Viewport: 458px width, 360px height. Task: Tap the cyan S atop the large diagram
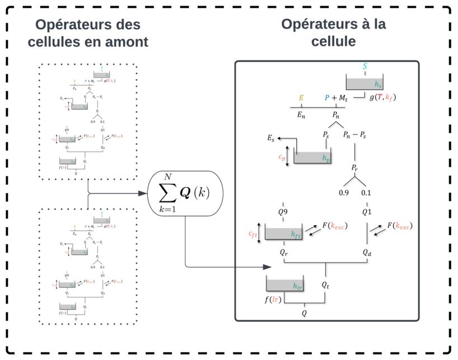pyautogui.click(x=365, y=66)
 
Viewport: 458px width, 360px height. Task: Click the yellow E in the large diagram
pyautogui.click(x=301, y=98)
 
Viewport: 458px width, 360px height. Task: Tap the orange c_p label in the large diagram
pyautogui.click(x=282, y=158)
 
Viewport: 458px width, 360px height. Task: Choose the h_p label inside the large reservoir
pyautogui.click(x=326, y=159)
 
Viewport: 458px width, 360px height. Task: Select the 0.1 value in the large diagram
pyautogui.click(x=366, y=193)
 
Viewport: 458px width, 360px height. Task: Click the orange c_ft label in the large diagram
pyautogui.click(x=254, y=236)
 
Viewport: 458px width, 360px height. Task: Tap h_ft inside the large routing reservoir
pyautogui.click(x=296, y=236)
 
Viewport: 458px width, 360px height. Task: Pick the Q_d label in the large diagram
pyautogui.click(x=367, y=253)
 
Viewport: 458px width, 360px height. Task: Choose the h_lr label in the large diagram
pyautogui.click(x=296, y=285)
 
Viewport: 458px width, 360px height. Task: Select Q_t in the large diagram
pyautogui.click(x=326, y=285)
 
